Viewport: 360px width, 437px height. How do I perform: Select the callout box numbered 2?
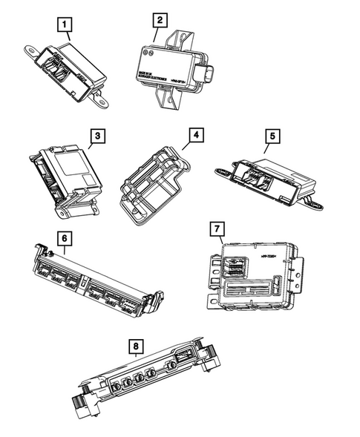click(162, 21)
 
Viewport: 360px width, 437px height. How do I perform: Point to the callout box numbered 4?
click(196, 136)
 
